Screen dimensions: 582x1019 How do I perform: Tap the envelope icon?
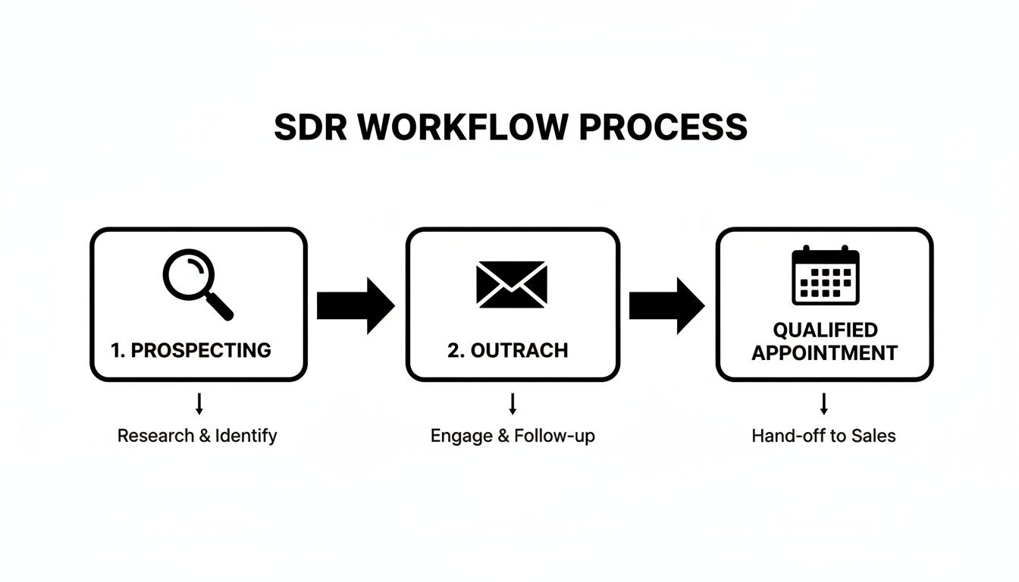click(x=512, y=284)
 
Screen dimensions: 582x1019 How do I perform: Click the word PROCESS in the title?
click(x=663, y=127)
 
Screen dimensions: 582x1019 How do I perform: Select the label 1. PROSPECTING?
click(x=190, y=350)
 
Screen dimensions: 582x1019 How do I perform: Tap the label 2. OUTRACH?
click(x=507, y=350)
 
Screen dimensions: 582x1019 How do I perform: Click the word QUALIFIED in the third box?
click(x=825, y=330)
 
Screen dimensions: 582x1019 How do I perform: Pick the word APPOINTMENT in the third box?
click(x=825, y=352)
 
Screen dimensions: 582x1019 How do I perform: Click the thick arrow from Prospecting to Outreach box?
click(x=355, y=305)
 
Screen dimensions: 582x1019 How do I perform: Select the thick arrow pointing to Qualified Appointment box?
click(x=666, y=305)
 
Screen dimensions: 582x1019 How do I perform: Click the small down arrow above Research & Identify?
click(x=199, y=404)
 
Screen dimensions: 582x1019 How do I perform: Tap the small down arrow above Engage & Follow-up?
click(x=513, y=404)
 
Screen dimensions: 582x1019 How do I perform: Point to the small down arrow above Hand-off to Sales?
click(x=824, y=404)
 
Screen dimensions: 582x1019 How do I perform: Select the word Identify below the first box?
click(x=246, y=436)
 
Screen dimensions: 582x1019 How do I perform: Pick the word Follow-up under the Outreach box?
click(x=554, y=436)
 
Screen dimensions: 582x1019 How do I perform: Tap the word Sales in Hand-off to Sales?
click(x=873, y=436)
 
